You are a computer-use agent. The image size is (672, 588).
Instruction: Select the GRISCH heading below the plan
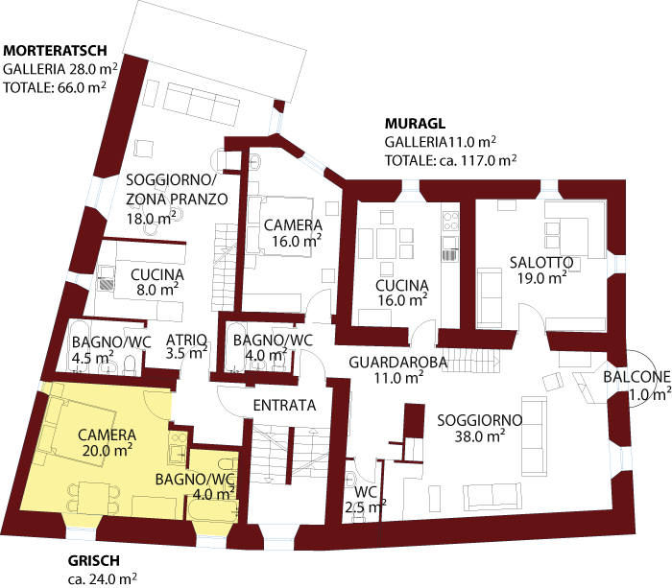click(94, 561)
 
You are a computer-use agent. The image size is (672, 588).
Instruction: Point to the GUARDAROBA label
click(385, 362)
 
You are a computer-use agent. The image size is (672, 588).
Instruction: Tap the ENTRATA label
click(284, 406)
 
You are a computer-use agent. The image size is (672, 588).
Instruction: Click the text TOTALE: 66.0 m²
click(54, 87)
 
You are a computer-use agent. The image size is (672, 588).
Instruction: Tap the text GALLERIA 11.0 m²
click(441, 142)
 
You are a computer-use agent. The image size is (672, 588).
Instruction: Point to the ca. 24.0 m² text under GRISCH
click(102, 579)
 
